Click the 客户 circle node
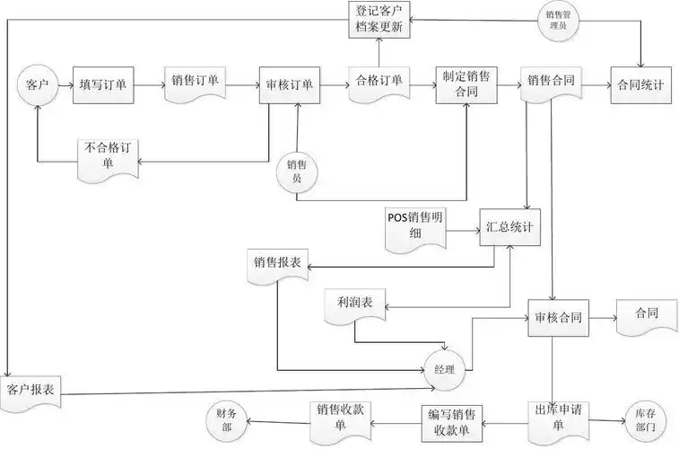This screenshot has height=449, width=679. tap(37, 84)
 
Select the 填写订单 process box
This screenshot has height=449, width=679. tap(101, 84)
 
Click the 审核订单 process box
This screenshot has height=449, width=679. tap(289, 84)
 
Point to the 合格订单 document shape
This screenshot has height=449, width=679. tap(379, 83)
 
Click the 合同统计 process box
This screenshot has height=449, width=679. tap(640, 84)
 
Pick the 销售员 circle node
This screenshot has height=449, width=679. tap(296, 170)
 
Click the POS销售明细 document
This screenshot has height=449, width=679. tap(416, 225)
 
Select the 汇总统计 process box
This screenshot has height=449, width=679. tap(509, 226)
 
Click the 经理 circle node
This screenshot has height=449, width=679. tap(445, 369)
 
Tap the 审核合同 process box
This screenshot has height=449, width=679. tap(558, 319)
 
